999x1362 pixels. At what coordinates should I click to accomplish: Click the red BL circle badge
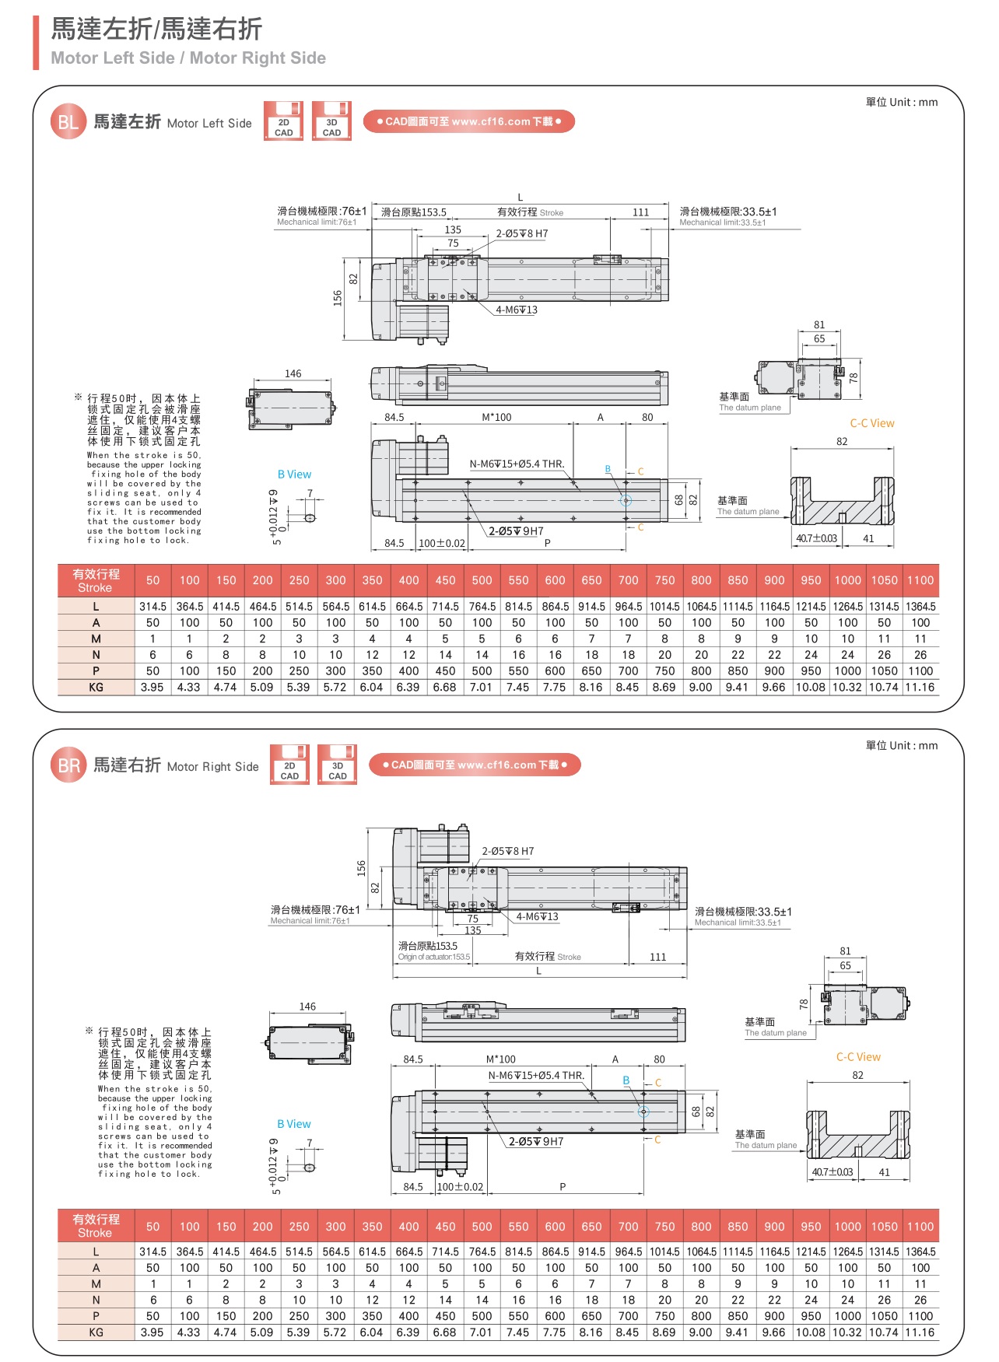pyautogui.click(x=68, y=122)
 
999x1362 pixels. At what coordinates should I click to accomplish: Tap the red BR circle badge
pyautogui.click(x=68, y=765)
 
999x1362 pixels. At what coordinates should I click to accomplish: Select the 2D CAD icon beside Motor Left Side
pyautogui.click(x=283, y=121)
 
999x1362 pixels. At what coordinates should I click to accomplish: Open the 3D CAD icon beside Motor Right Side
pyautogui.click(x=337, y=765)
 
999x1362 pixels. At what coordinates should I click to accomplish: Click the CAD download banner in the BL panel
pyautogui.click(x=468, y=121)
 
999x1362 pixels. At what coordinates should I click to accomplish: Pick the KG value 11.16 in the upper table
pyautogui.click(x=920, y=688)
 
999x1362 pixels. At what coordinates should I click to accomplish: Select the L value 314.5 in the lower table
pyautogui.click(x=152, y=1252)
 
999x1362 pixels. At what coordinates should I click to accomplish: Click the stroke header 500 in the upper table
pyautogui.click(x=482, y=580)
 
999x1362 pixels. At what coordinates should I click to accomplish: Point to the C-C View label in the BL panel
pyautogui.click(x=871, y=423)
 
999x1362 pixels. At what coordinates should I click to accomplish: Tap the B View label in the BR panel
pyautogui.click(x=293, y=1124)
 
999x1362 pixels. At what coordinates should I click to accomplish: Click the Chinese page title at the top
pyautogui.click(x=156, y=29)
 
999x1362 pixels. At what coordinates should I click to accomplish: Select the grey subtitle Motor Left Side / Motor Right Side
pyautogui.click(x=188, y=58)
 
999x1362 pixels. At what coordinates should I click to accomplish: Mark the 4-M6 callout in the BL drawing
pyautogui.click(x=517, y=310)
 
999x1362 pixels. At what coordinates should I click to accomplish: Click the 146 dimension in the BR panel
pyautogui.click(x=307, y=1007)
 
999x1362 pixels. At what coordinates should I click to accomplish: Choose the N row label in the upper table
pyautogui.click(x=96, y=655)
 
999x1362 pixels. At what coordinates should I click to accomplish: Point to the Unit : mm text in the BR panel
pyautogui.click(x=902, y=745)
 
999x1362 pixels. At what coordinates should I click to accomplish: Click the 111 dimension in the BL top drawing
pyautogui.click(x=640, y=212)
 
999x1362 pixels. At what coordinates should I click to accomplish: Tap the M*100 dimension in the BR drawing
pyautogui.click(x=500, y=1059)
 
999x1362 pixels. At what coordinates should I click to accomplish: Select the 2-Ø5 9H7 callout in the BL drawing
pyautogui.click(x=516, y=531)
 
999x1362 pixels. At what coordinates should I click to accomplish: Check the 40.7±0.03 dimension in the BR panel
pyautogui.click(x=832, y=1172)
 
